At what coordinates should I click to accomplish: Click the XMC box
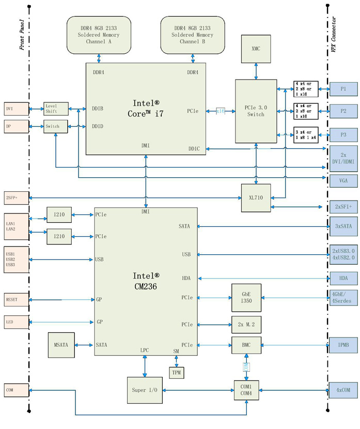256,49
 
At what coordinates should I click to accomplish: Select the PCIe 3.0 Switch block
256,111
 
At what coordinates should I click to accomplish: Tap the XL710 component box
256,198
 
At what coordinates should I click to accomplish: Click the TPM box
177,372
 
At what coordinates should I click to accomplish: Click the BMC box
246,345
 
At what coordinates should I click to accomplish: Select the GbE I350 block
246,298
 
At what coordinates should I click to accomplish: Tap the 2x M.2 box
246,325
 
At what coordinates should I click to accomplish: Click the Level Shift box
55,109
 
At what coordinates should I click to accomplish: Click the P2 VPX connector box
343,111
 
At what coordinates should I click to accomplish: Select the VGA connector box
343,181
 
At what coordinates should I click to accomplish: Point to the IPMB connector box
343,345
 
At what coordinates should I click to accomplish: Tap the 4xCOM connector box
343,390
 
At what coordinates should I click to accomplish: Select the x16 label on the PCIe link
221,111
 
